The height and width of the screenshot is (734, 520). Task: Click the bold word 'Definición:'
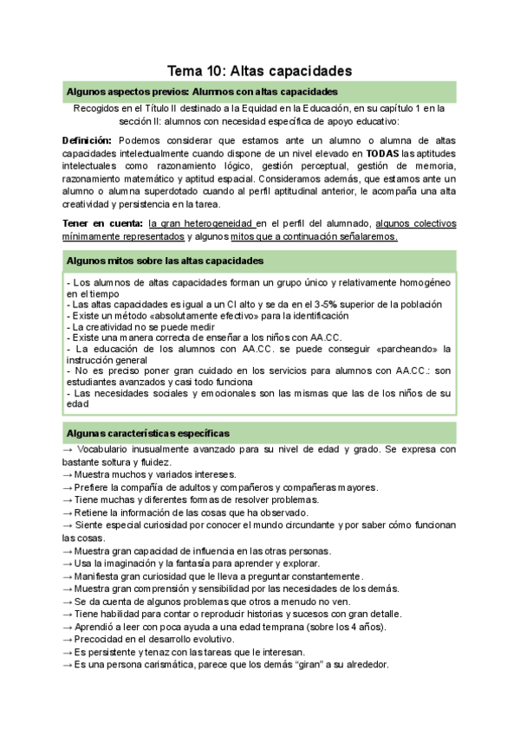click(87, 140)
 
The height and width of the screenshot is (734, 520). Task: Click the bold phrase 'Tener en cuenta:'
click(103, 223)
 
